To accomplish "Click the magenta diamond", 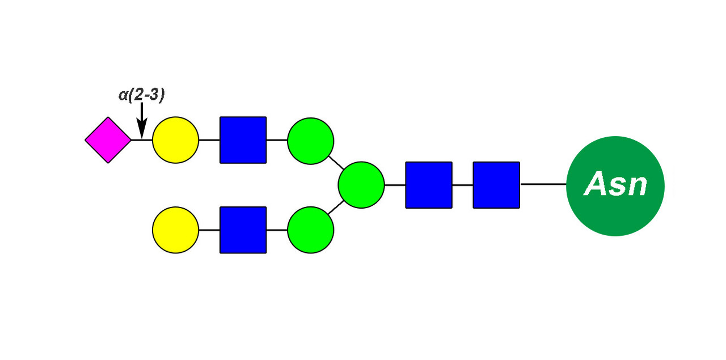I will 108,140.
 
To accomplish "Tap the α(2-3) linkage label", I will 142,95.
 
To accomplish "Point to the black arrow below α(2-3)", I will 142,122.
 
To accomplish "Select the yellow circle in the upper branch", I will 176,140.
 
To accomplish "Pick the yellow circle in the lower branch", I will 176,230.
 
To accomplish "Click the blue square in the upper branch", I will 243,140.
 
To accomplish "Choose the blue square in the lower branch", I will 243,230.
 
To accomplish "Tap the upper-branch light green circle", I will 310,140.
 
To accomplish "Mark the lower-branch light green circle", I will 310,230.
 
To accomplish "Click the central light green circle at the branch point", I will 361,185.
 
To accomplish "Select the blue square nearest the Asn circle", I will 496,185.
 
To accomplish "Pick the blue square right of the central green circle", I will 429,185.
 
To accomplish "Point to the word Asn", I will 615,185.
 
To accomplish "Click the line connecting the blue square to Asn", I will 543,184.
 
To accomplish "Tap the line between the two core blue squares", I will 462,185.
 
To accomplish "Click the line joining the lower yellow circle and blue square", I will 209,230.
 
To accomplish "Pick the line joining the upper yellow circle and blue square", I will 209,140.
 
